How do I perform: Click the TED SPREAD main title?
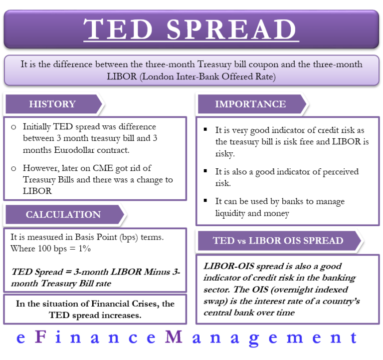click(191, 29)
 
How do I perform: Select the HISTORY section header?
click(52, 104)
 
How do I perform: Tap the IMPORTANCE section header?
click(250, 104)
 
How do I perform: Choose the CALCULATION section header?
click(63, 214)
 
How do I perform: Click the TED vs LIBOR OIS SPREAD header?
click(278, 240)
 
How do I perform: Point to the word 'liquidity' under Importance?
click(232, 213)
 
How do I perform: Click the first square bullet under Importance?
click(205, 130)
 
